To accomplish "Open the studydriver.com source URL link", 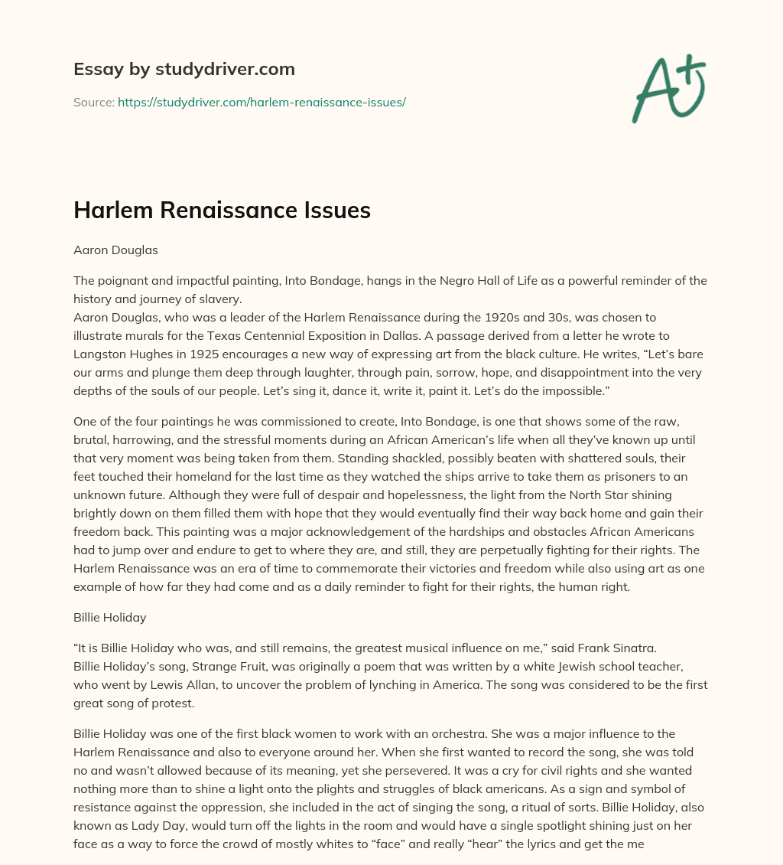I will coord(262,102).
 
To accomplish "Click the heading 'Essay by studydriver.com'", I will coord(184,69).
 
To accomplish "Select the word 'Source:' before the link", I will coord(94,102).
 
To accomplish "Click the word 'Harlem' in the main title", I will coord(112,211).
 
